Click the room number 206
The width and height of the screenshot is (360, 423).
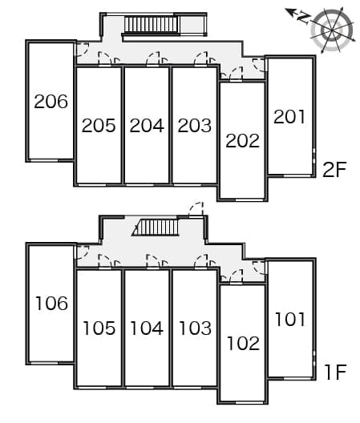tap(51, 102)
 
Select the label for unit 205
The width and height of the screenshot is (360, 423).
tap(99, 126)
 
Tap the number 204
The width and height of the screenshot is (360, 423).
tap(147, 126)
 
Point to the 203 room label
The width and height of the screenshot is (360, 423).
tap(195, 126)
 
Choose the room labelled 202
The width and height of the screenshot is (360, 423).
tap(242, 140)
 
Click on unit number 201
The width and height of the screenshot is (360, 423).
tap(289, 116)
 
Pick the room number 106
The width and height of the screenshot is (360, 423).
tap(51, 303)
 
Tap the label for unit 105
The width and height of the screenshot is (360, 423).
tap(99, 328)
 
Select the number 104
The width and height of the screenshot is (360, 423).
tap(147, 328)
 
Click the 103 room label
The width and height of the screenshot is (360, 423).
tap(195, 328)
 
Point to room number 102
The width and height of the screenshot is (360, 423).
tap(243, 343)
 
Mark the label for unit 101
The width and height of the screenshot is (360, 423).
tap(290, 319)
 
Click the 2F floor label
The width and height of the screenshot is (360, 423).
tap(334, 169)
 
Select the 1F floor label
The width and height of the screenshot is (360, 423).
tap(336, 372)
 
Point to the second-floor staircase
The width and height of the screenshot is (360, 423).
tap(152, 25)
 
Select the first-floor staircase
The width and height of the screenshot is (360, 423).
tap(156, 228)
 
